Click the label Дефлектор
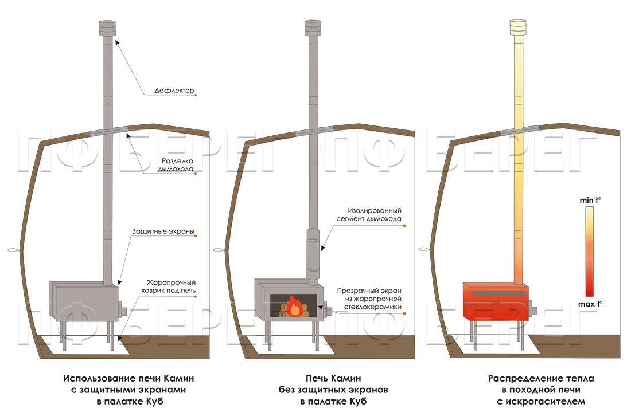[174, 91]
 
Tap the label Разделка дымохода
[176, 164]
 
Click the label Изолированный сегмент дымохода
[373, 215]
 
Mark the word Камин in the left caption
[178, 379]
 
